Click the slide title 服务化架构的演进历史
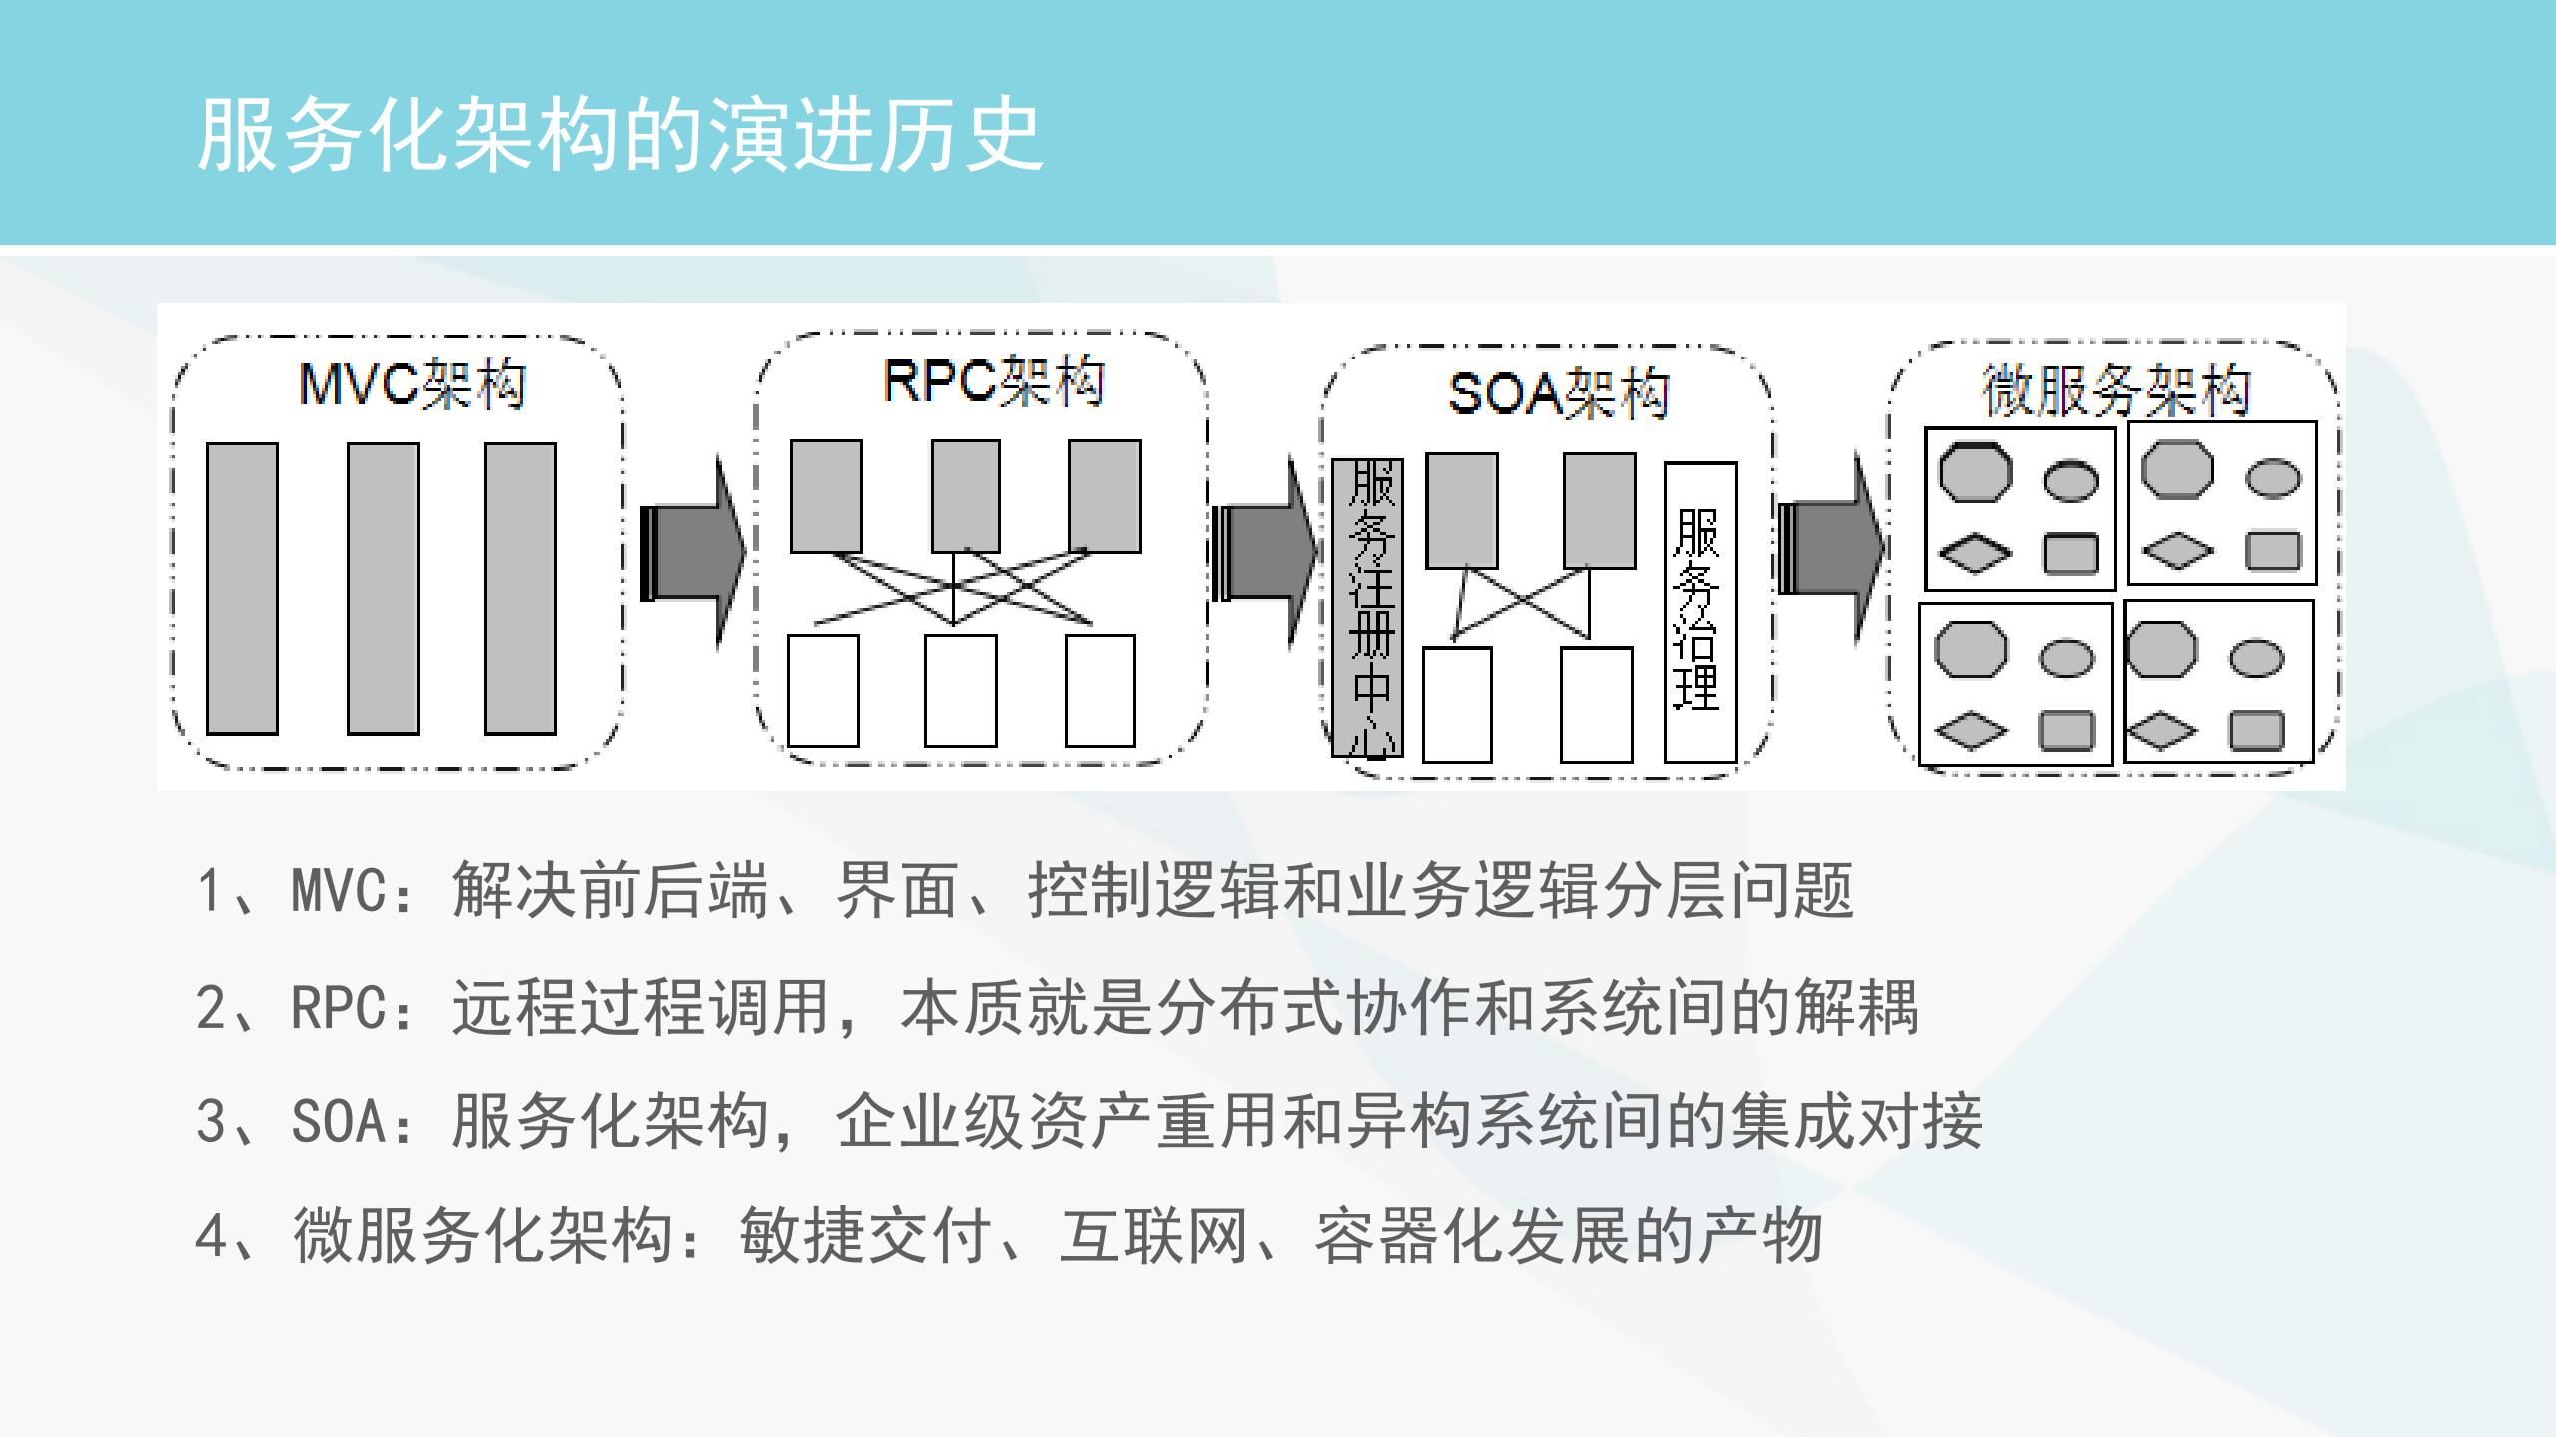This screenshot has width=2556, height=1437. [619, 135]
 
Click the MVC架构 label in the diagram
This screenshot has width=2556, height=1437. [413, 384]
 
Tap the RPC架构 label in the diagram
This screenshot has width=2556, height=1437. [994, 381]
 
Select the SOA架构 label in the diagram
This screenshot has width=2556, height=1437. [1559, 393]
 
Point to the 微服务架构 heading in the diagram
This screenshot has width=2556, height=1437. [2116, 389]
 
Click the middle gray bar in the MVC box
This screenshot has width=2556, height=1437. [383, 588]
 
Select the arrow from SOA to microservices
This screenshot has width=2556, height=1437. [1831, 548]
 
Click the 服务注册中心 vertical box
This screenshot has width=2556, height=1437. [1368, 607]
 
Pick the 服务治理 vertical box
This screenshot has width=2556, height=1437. [1700, 611]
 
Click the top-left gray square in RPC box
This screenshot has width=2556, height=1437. [826, 496]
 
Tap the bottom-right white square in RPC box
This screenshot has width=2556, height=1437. [1100, 690]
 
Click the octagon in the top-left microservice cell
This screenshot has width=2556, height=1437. [1975, 472]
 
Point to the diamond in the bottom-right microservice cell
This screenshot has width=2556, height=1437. [2160, 731]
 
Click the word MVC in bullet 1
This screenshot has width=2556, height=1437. [338, 890]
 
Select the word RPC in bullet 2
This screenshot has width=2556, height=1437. [338, 1007]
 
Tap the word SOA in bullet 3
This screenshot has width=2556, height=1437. [338, 1121]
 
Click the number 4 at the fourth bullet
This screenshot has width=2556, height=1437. [212, 1236]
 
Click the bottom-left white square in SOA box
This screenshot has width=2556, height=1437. [1457, 704]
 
